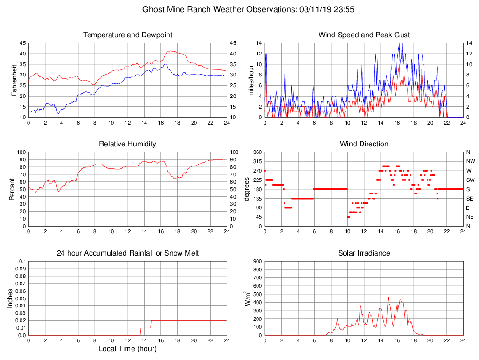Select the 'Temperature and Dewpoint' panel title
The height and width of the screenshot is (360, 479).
(x=128, y=35)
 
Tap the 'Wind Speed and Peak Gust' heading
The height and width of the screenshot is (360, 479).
(x=364, y=35)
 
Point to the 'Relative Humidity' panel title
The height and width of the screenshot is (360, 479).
(x=127, y=144)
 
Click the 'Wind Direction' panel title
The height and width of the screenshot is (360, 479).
(x=364, y=144)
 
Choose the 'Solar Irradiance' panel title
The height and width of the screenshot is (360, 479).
(x=364, y=253)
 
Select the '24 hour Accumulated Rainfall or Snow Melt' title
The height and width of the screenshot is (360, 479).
(x=128, y=253)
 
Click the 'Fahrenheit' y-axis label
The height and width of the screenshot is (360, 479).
(x=14, y=80)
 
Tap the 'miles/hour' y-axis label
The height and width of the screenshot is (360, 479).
(x=251, y=80)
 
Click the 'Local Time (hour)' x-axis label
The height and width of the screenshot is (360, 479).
(x=127, y=349)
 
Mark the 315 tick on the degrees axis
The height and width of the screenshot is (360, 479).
(x=256, y=161)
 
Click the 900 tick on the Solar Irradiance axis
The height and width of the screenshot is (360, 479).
(x=257, y=261)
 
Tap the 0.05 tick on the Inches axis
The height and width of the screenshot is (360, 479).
(x=21, y=298)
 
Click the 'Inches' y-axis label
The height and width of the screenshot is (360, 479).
(x=10, y=298)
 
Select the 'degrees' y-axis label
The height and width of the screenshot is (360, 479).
(x=247, y=189)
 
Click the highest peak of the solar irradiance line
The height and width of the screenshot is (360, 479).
(x=388, y=297)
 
